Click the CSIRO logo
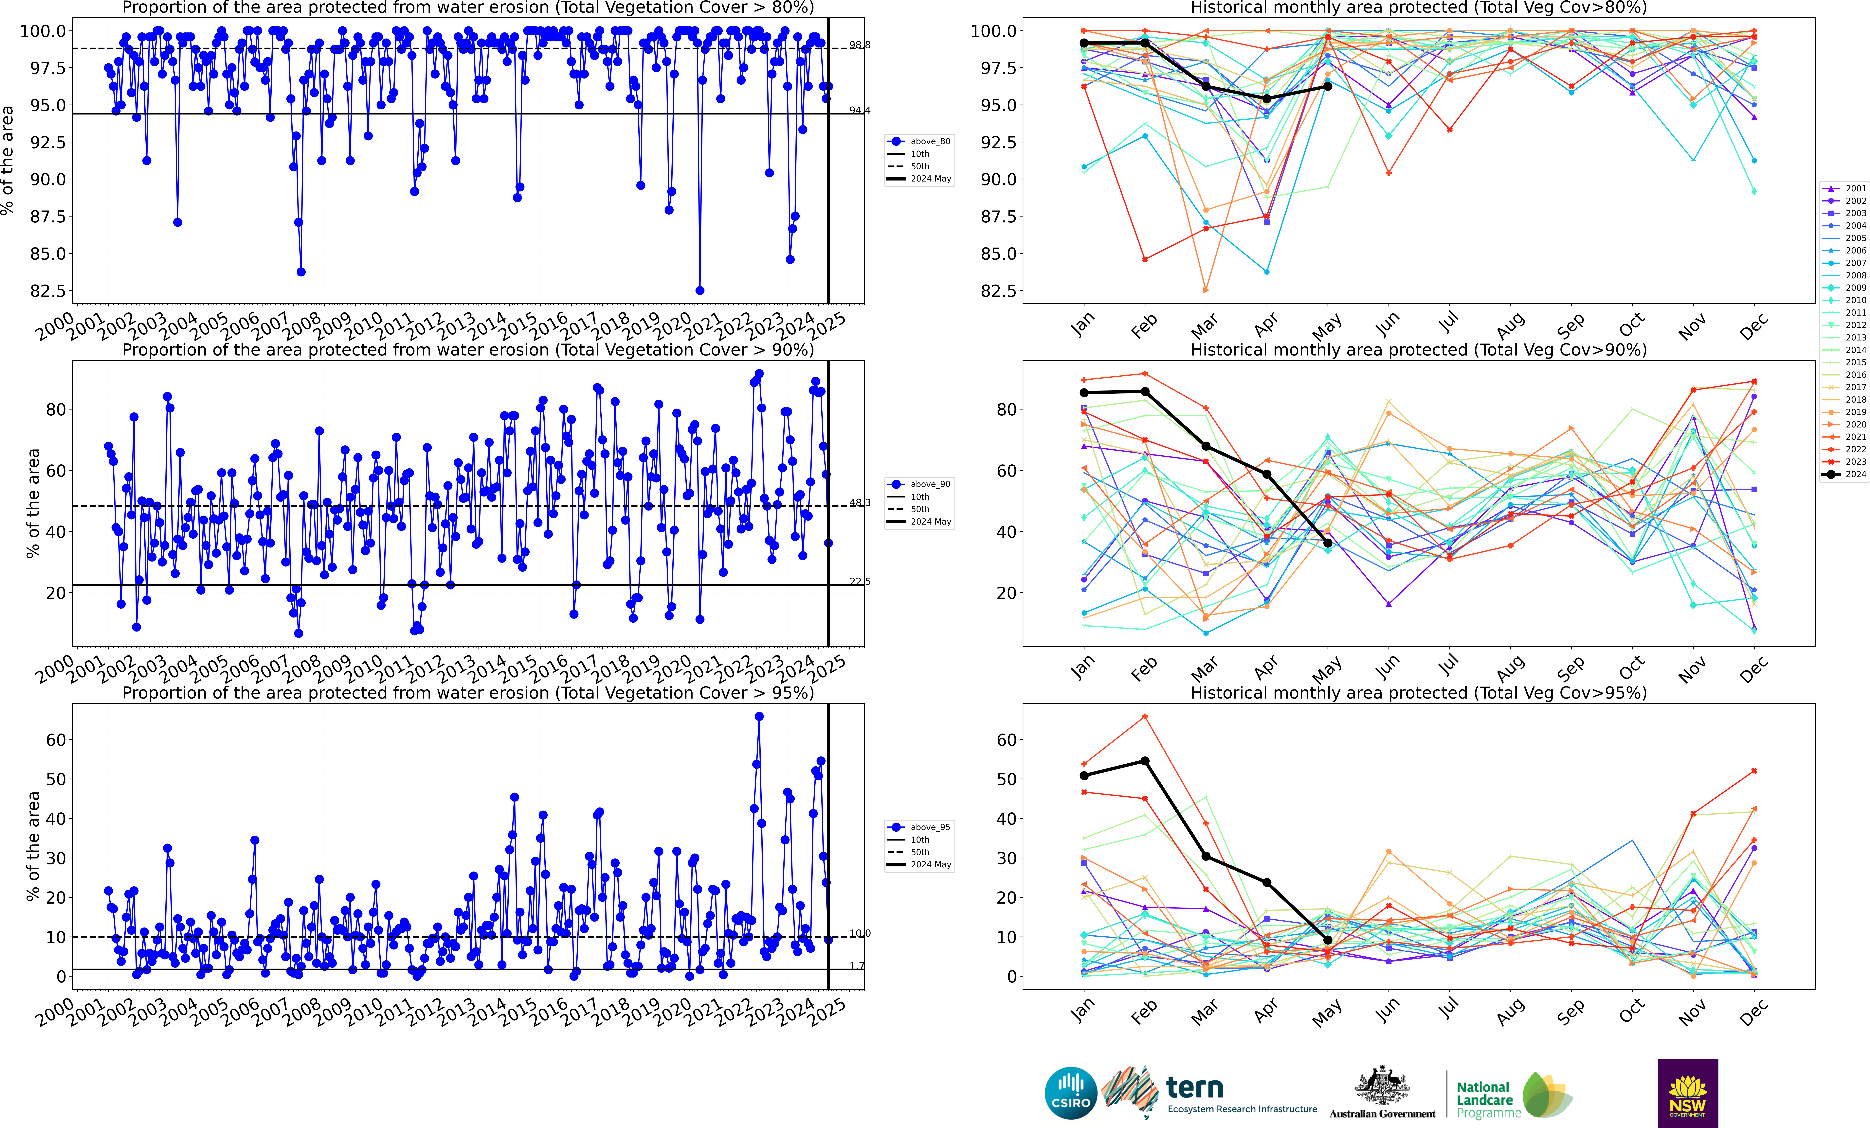click(1071, 1093)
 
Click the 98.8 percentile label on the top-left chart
click(859, 45)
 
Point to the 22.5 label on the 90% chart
click(859, 582)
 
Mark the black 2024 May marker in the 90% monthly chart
click(1327, 543)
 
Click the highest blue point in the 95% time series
click(759, 716)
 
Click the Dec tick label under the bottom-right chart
click(1753, 1012)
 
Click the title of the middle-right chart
click(1418, 350)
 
